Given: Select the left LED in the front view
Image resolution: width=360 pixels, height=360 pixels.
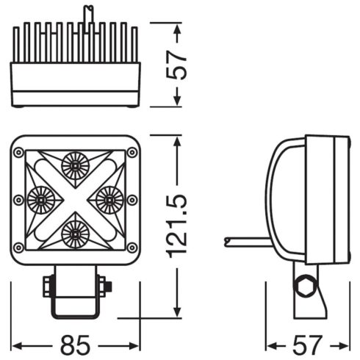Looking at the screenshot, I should coord(40,198).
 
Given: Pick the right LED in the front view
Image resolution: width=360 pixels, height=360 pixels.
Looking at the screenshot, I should coord(109,198).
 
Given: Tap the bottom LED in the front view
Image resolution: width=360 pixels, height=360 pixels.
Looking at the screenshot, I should coord(74,234).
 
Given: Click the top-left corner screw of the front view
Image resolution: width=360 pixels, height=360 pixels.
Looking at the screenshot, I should coord(18,152).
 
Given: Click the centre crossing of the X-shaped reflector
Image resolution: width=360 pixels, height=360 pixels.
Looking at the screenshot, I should coord(74,199).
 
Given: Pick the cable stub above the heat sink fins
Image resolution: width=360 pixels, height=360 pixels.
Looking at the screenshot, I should coord(87,15).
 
